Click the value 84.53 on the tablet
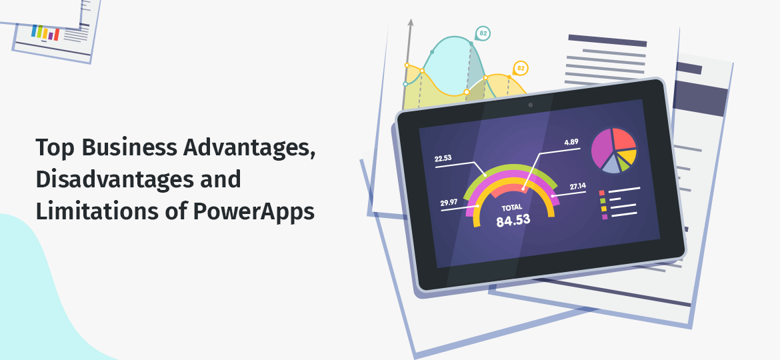pyautogui.click(x=513, y=220)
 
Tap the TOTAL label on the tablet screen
pyautogui.click(x=513, y=207)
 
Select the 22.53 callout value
pyautogui.click(x=443, y=159)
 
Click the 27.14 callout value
pyautogui.click(x=578, y=186)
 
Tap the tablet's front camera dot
pyautogui.click(x=531, y=105)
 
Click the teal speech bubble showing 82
pyautogui.click(x=483, y=33)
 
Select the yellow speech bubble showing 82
pyautogui.click(x=521, y=68)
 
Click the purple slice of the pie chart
pyautogui.click(x=602, y=149)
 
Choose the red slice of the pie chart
pyautogui.click(x=624, y=137)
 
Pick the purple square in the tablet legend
pyautogui.click(x=605, y=217)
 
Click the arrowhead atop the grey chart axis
pyautogui.click(x=411, y=23)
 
